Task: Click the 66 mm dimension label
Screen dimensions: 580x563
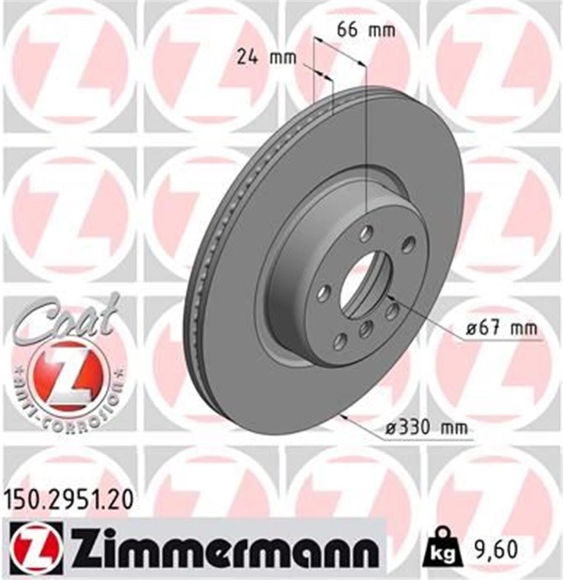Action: (x=366, y=30)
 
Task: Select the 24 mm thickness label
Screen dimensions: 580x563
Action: (x=266, y=58)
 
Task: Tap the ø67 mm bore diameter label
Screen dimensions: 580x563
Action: (x=501, y=328)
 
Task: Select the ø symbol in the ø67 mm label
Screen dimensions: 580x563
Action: (x=471, y=329)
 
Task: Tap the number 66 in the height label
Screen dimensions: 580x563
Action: (x=348, y=30)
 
